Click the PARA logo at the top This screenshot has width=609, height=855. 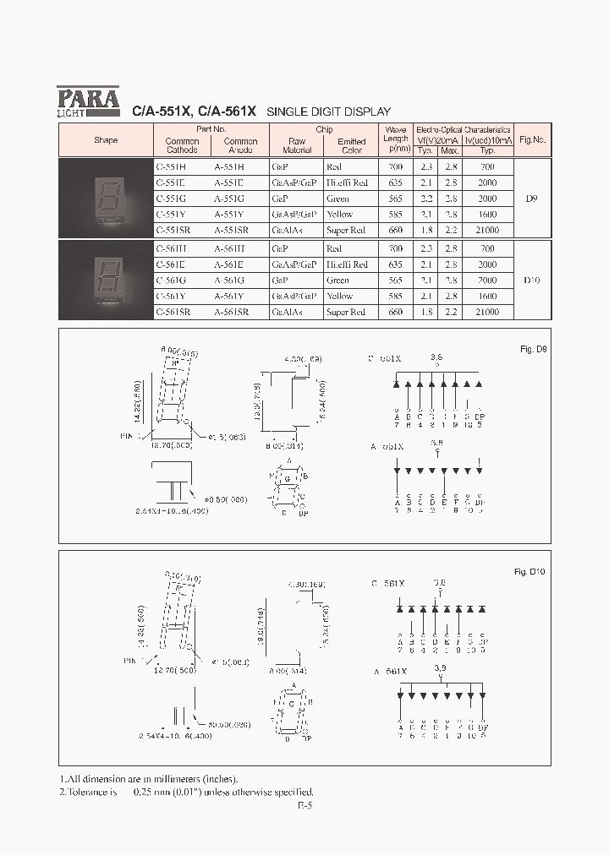(88, 101)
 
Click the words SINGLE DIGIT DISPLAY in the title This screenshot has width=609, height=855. (328, 112)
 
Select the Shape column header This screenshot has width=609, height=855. (106, 140)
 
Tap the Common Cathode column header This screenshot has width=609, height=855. (182, 145)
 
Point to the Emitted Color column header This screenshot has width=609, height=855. (351, 145)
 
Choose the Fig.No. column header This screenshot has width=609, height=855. (532, 140)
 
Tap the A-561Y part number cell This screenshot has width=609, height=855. (229, 297)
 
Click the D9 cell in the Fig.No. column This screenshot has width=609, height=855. (531, 199)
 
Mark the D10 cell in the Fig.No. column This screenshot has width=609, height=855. (531, 280)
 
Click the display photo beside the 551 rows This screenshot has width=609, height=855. (106, 199)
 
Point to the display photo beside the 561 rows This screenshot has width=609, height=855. (106, 280)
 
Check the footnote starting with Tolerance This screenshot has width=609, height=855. (186, 792)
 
